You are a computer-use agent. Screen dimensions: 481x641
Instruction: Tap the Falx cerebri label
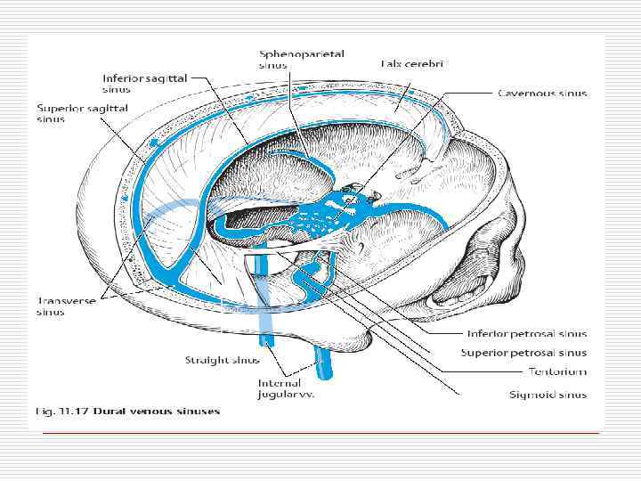click(411, 63)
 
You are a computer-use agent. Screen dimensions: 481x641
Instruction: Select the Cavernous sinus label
click(541, 93)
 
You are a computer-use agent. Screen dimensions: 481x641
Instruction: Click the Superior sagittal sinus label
click(82, 113)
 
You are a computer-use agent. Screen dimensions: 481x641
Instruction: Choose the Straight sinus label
click(222, 360)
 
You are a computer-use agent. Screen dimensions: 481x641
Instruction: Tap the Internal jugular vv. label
click(287, 387)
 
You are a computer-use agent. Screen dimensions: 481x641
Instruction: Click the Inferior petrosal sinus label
click(527, 334)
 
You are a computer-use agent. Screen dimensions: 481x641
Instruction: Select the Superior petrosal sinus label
click(523, 354)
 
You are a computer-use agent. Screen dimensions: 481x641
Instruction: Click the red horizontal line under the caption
click(320, 432)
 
